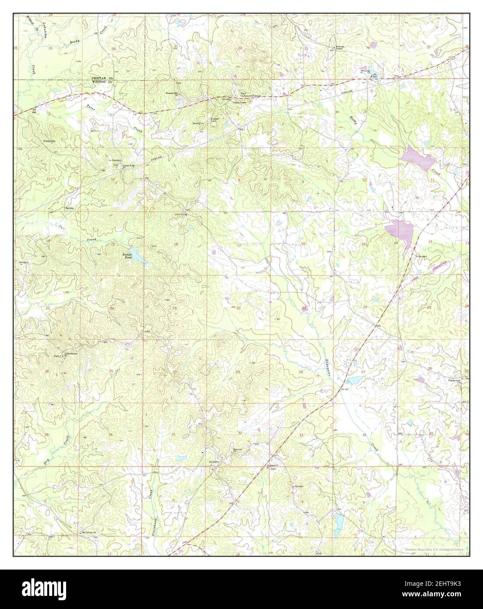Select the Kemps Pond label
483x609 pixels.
(127, 256)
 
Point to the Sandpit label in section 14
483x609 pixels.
(421, 256)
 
